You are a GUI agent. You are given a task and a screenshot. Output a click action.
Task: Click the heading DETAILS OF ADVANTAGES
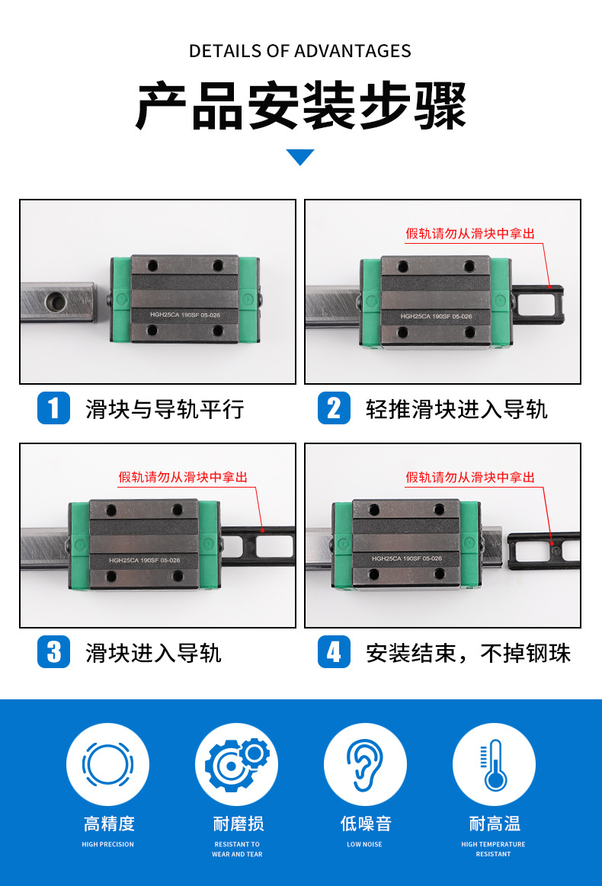click(300, 51)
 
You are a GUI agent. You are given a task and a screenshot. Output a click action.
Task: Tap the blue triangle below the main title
click(300, 157)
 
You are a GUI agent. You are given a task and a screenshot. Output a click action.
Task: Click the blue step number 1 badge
click(53, 408)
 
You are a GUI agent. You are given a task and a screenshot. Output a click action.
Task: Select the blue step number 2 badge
click(334, 408)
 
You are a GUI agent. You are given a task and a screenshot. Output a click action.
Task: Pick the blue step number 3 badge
click(53, 652)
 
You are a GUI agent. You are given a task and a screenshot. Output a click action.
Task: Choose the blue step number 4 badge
click(334, 652)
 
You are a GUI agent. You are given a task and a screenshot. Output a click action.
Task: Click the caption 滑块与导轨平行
click(165, 409)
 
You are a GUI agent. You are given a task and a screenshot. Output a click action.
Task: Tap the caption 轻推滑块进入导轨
click(456, 409)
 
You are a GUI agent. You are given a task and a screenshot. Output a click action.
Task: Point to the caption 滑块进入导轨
click(153, 653)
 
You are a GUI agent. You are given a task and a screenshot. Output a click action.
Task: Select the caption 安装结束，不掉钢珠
click(468, 653)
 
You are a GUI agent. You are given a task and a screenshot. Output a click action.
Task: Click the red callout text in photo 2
click(470, 234)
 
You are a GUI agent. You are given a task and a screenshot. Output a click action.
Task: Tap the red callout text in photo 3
click(183, 478)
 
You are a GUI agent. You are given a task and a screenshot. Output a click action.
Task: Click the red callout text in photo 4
click(470, 478)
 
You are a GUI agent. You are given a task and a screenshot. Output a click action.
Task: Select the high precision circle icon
click(107, 764)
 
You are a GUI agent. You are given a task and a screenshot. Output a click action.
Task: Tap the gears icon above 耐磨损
click(237, 764)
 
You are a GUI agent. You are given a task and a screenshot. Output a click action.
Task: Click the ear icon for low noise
click(365, 764)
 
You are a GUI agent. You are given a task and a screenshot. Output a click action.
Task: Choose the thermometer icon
click(494, 764)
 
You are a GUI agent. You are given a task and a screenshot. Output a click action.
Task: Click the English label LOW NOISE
click(364, 844)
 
